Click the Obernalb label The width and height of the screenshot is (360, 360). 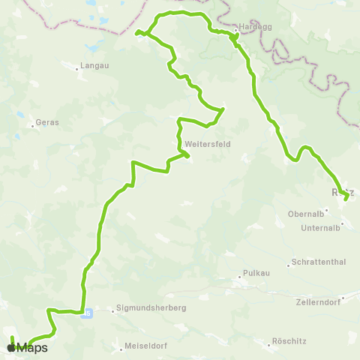point(305,213)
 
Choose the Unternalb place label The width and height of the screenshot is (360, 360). point(320,228)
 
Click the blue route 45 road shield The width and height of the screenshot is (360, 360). point(88,313)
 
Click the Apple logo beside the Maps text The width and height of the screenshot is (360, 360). point(10,347)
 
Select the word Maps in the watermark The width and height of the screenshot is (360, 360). point(32,347)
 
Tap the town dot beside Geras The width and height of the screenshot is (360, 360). point(34,126)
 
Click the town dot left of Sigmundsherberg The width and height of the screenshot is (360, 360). point(112,308)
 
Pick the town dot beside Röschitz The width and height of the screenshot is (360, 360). point(270,344)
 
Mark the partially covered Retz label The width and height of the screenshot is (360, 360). point(337,192)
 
